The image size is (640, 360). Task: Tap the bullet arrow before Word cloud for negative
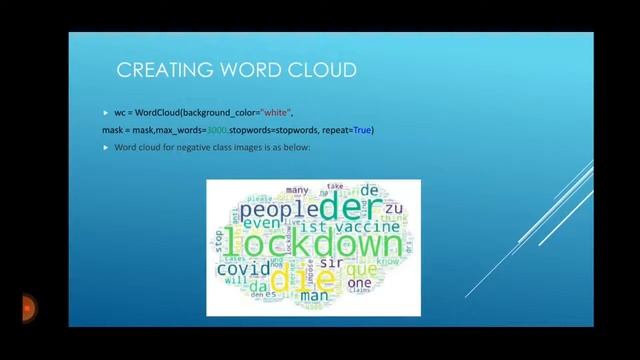click(x=105, y=148)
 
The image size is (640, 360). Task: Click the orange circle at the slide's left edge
click(x=27, y=306)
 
